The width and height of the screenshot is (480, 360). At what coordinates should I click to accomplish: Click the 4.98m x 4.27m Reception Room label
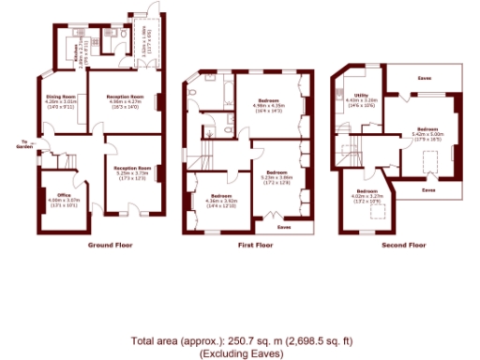[x=124, y=97]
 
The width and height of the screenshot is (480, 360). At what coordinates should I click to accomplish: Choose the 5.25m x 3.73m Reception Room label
[x=132, y=168]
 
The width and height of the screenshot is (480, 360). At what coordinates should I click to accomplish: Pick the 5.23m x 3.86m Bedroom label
[x=276, y=172]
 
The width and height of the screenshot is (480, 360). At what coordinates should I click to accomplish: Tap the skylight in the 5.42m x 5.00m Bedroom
[x=429, y=165]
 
